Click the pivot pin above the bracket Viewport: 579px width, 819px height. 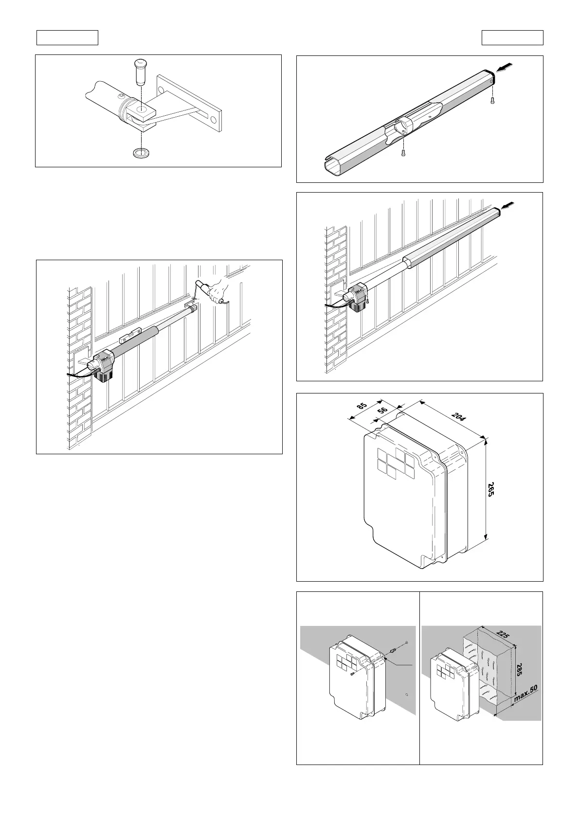(x=140, y=71)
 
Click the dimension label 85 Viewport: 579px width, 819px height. (x=362, y=408)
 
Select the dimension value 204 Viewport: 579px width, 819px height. (x=458, y=417)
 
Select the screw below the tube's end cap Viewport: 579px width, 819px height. (x=493, y=101)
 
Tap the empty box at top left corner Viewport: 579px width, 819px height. (x=68, y=37)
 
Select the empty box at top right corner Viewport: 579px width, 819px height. (x=512, y=37)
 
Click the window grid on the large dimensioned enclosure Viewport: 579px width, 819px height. (x=395, y=462)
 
